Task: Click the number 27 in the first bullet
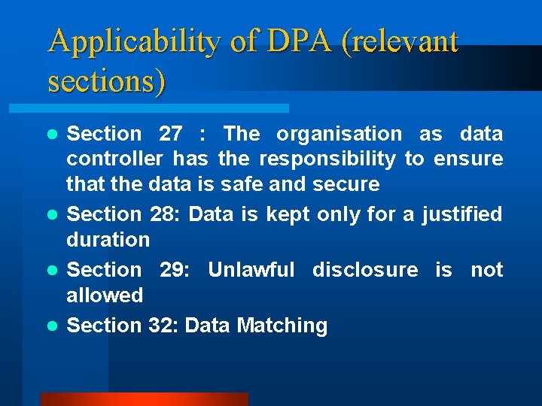click(171, 134)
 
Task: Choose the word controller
click(114, 159)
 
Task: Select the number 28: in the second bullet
click(163, 214)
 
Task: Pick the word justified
click(461, 214)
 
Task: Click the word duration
click(108, 240)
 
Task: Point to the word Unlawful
click(251, 269)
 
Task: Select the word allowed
click(105, 295)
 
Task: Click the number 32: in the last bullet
click(163, 326)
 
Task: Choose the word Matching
click(282, 326)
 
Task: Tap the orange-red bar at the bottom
click(144, 399)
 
